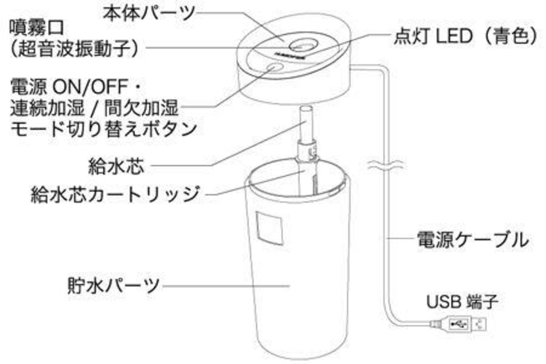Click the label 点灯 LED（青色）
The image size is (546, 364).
pos(466,37)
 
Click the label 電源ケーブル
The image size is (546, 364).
pos(472,240)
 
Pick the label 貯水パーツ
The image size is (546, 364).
pos(113,285)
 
